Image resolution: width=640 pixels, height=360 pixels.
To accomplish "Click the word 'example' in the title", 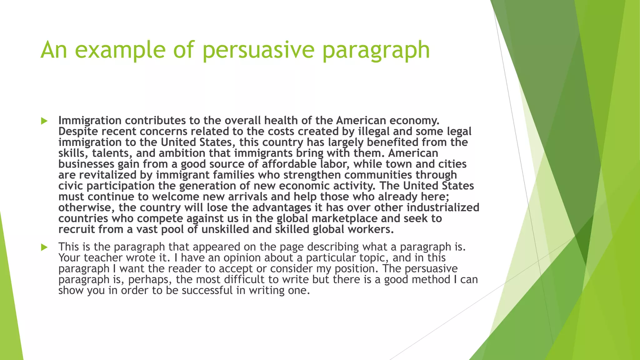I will click(x=120, y=50).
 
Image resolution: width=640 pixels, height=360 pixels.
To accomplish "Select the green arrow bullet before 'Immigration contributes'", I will click(x=44, y=121).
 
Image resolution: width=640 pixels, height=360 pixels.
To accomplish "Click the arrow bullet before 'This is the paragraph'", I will click(x=44, y=247).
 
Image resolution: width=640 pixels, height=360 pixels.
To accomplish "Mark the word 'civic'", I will click(x=71, y=186).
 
